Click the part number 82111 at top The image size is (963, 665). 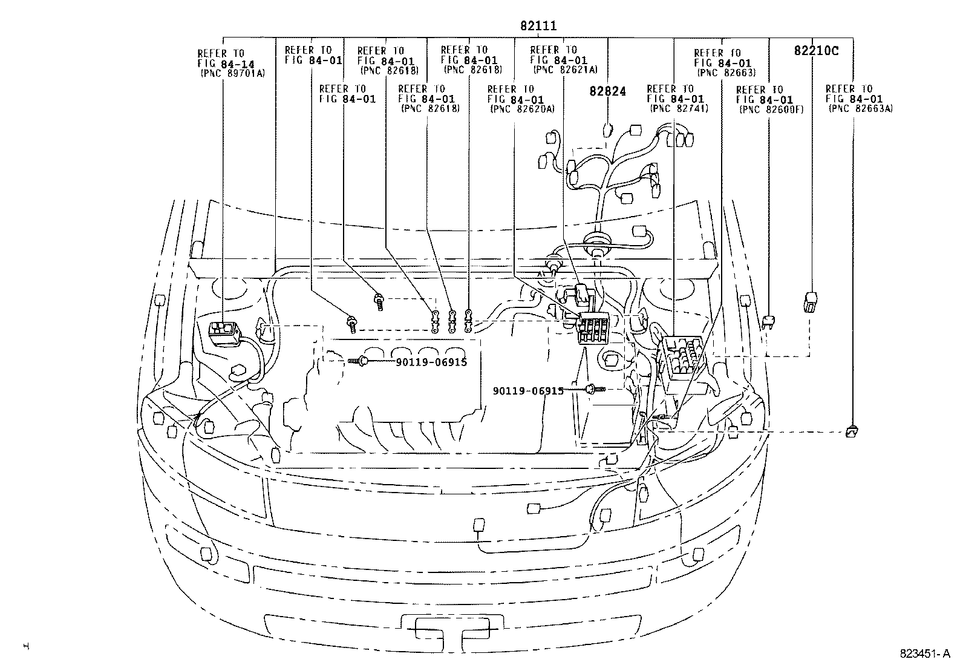(x=538, y=26)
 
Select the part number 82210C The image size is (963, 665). (x=816, y=51)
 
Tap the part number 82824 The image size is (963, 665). (x=607, y=91)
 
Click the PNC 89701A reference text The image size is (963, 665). (x=232, y=73)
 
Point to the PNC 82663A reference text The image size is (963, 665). (x=860, y=108)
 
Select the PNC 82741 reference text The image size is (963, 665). (x=679, y=108)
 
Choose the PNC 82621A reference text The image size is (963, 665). (x=565, y=70)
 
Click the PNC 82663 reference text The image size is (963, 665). (x=725, y=73)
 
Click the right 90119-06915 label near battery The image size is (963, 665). (x=528, y=391)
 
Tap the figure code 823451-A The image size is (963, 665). (x=925, y=654)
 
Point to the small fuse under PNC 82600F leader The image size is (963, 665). (x=769, y=322)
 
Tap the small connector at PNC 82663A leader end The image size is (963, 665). (x=852, y=431)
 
